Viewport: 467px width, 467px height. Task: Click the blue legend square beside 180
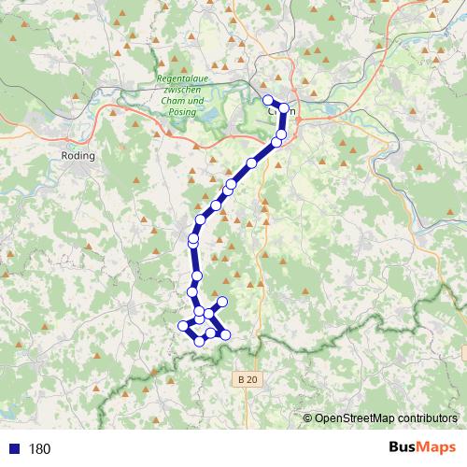pos(13,448)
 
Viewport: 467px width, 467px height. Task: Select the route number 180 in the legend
pos(39,448)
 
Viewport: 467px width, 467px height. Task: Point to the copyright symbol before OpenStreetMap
pos(307,418)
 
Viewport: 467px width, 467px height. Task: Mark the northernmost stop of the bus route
pos(268,99)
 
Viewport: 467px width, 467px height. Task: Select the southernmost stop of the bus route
pos(199,341)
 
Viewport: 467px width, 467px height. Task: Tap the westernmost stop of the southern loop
pos(183,325)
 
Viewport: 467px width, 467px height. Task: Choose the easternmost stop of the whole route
pos(285,108)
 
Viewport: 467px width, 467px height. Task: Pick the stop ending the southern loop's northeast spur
pos(223,302)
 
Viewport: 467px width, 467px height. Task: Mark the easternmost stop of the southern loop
pos(225,334)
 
